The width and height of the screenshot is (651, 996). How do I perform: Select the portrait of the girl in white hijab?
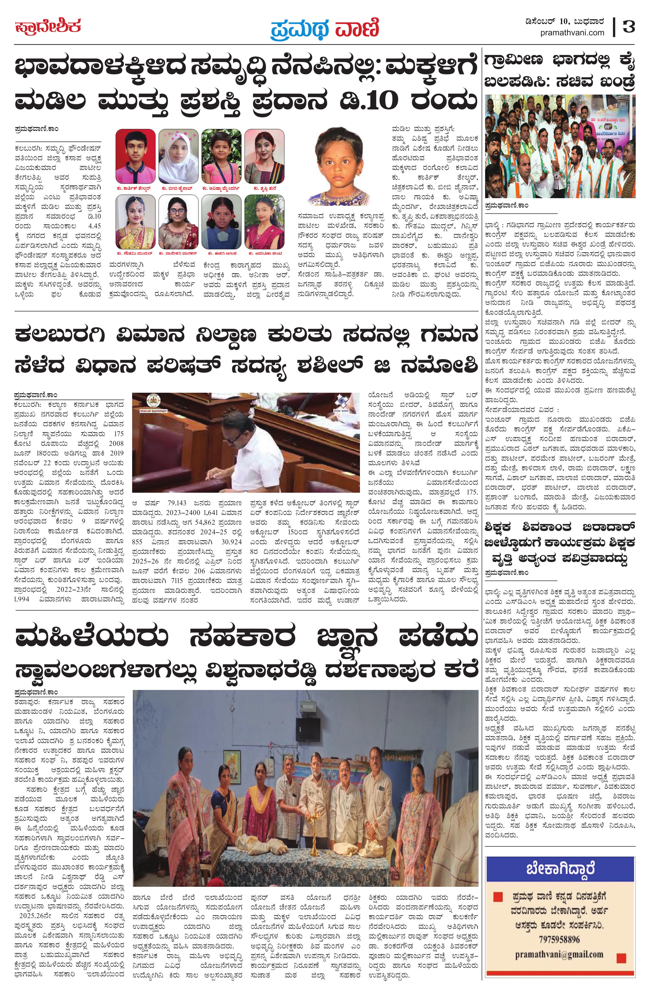pos(178,157)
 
